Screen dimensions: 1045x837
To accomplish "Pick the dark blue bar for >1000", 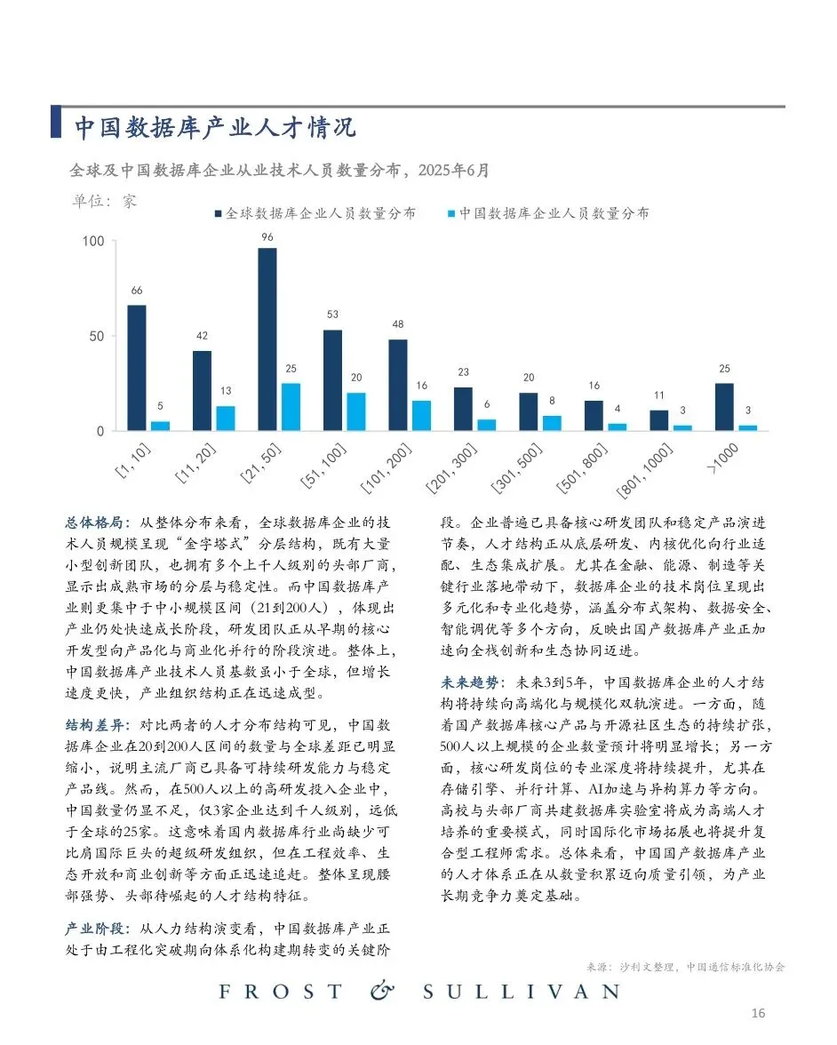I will pos(724,407).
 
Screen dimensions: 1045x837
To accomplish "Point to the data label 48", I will pos(398,324).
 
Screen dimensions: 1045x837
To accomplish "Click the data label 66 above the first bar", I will pos(137,291).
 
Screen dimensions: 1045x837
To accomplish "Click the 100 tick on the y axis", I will pos(93,242).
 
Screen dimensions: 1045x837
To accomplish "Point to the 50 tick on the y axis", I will pos(97,337).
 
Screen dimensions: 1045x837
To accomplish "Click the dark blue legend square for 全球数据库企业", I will pos(218,214).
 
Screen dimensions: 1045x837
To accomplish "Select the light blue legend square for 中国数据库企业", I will pos(451,214).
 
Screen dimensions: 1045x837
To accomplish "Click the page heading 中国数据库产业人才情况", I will pos(214,127).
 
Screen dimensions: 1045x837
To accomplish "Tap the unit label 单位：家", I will pos(104,201).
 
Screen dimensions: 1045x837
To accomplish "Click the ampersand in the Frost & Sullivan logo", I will pos(381,991).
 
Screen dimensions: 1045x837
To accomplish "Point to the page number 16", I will pos(758,1013).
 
